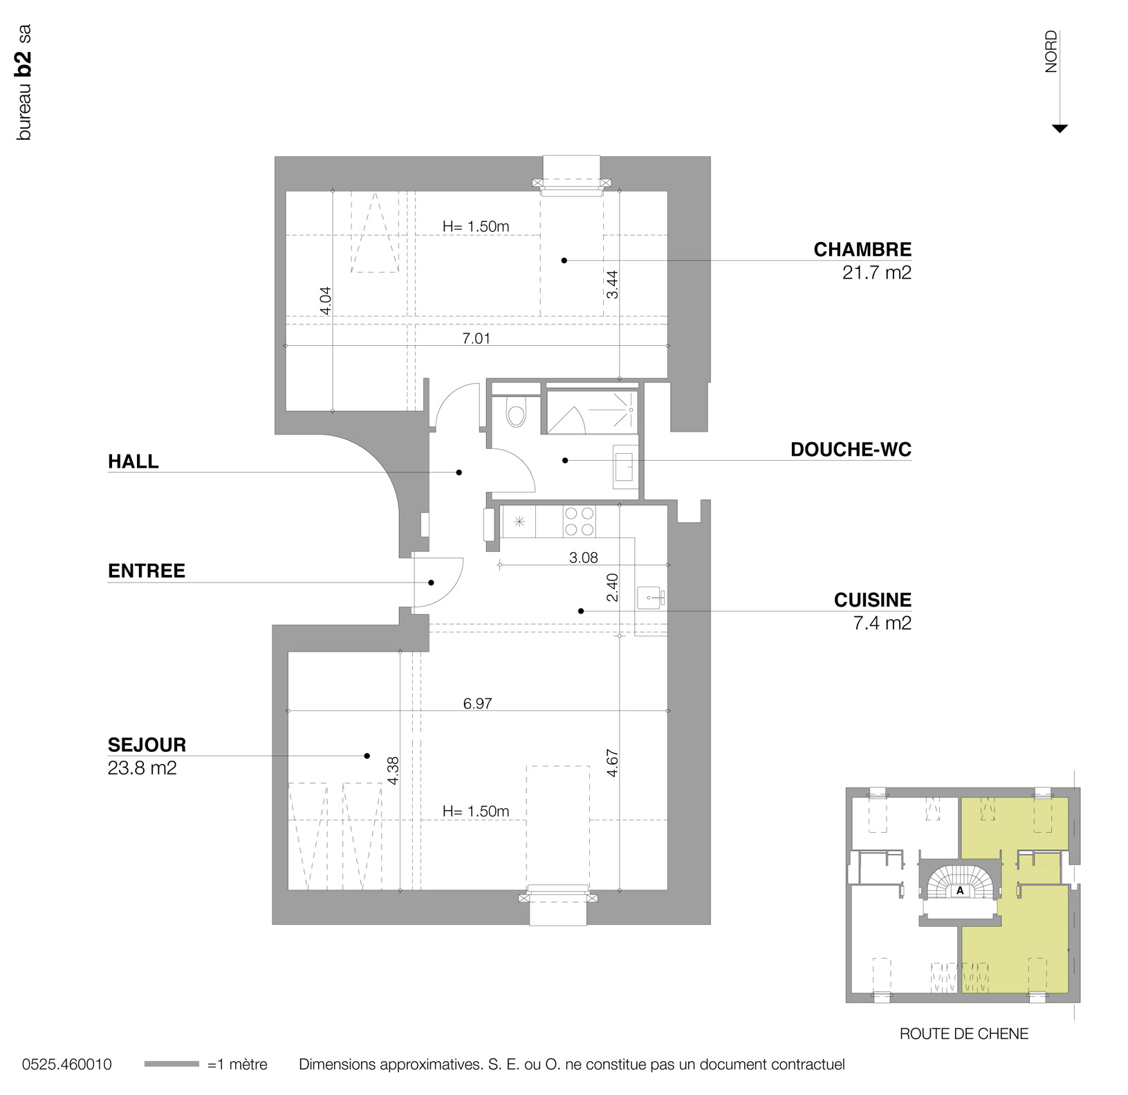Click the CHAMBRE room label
862,250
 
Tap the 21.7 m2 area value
876,273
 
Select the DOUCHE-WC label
851,450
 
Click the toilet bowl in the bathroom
515,414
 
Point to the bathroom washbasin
625,466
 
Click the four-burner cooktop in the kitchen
579,522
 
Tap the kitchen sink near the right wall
649,596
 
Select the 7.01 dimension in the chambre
476,338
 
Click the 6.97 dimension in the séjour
477,703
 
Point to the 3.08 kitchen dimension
583,558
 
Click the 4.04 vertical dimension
326,301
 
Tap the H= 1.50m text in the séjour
476,811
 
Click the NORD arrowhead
1059,129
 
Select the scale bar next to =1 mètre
172,1065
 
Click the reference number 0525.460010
66,1065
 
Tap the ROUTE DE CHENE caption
963,1033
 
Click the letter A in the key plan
960,891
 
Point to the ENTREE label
147,571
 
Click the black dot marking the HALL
459,472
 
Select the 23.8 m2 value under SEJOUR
142,768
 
